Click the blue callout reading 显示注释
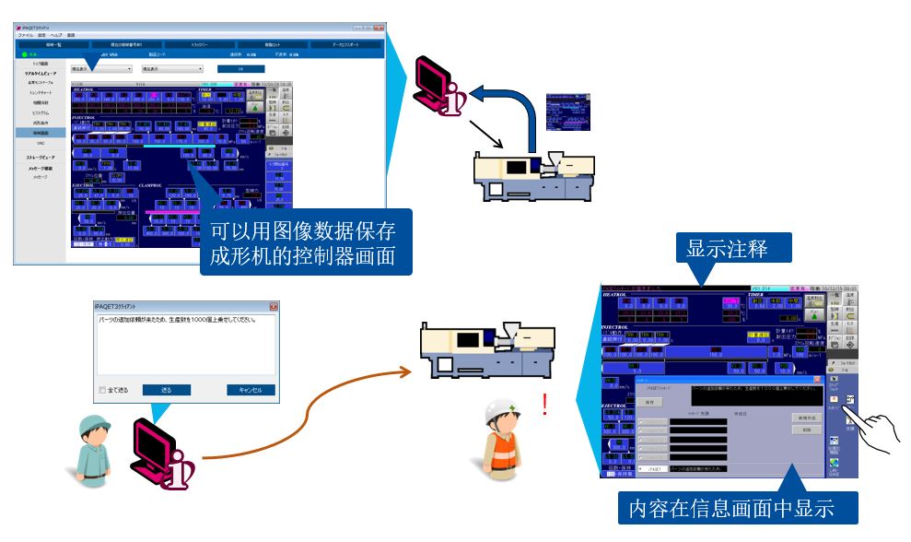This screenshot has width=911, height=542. [x=733, y=248]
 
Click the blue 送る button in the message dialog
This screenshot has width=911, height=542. [x=167, y=390]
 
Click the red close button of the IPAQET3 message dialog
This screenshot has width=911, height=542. [x=273, y=306]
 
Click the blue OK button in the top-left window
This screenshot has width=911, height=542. [x=239, y=68]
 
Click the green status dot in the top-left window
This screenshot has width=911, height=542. [x=22, y=54]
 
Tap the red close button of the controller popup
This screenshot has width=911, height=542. [x=817, y=379]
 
